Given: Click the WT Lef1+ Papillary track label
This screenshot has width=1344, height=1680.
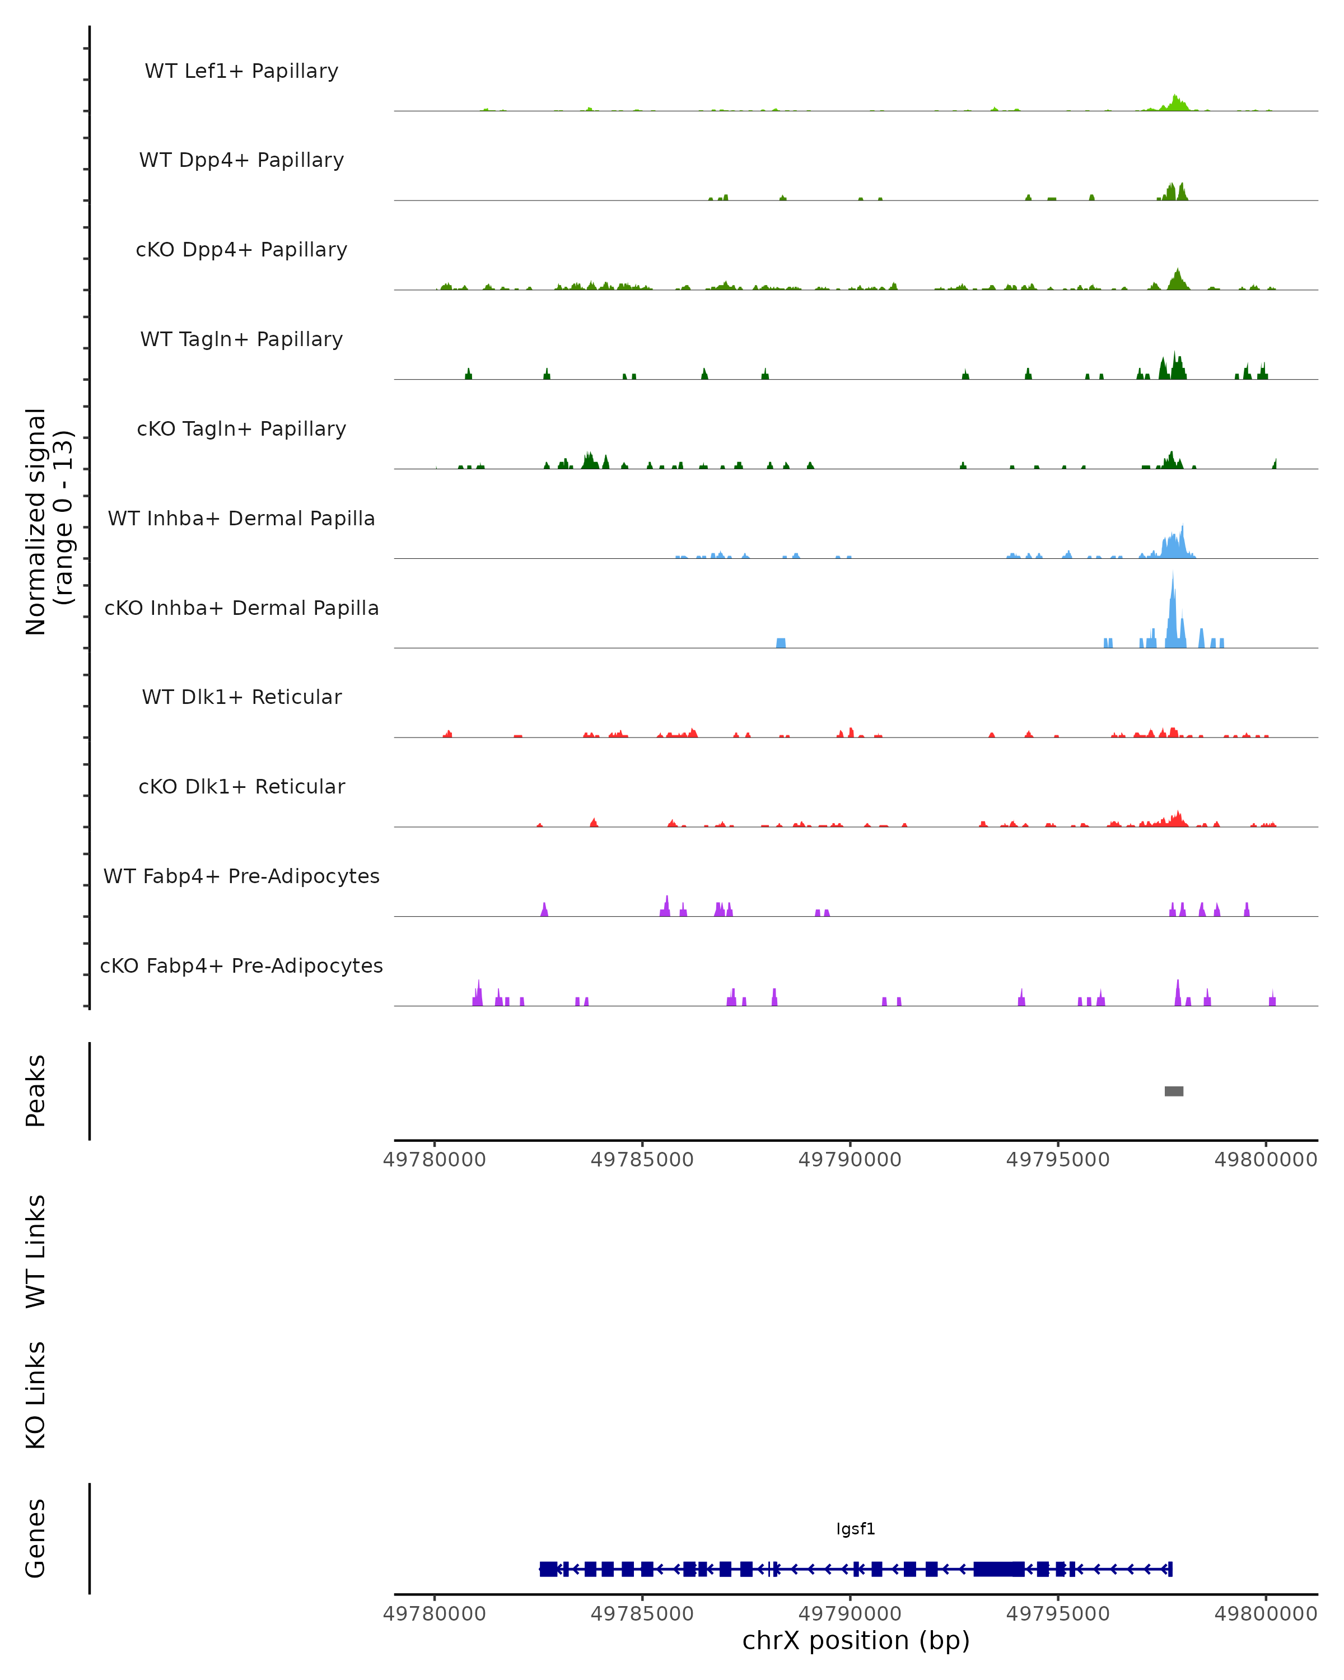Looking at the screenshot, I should tap(241, 71).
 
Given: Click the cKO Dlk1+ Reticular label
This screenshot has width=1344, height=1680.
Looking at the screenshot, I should tap(241, 786).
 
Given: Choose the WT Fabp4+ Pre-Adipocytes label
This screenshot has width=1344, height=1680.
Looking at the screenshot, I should tap(241, 876).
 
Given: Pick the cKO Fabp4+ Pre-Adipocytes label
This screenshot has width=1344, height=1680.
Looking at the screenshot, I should tap(241, 965).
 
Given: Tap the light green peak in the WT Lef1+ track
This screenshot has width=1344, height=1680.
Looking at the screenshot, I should tap(1175, 104).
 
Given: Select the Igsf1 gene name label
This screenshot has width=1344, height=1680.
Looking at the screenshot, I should tap(856, 1529).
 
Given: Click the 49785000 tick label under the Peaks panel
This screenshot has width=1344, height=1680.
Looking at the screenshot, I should tap(642, 1160).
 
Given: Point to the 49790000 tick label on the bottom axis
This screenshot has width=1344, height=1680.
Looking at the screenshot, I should tap(850, 1614).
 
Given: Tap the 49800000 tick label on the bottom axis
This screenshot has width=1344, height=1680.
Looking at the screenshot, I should tap(1265, 1614).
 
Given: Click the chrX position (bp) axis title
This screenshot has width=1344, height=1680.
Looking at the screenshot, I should tap(856, 1641).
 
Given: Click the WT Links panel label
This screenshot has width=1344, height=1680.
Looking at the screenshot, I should tap(36, 1250).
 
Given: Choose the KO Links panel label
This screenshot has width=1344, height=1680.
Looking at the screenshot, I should tap(36, 1395).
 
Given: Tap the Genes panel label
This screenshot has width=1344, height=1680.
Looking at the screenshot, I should tap(36, 1539).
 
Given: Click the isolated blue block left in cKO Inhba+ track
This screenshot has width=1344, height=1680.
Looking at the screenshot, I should tap(781, 643).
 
